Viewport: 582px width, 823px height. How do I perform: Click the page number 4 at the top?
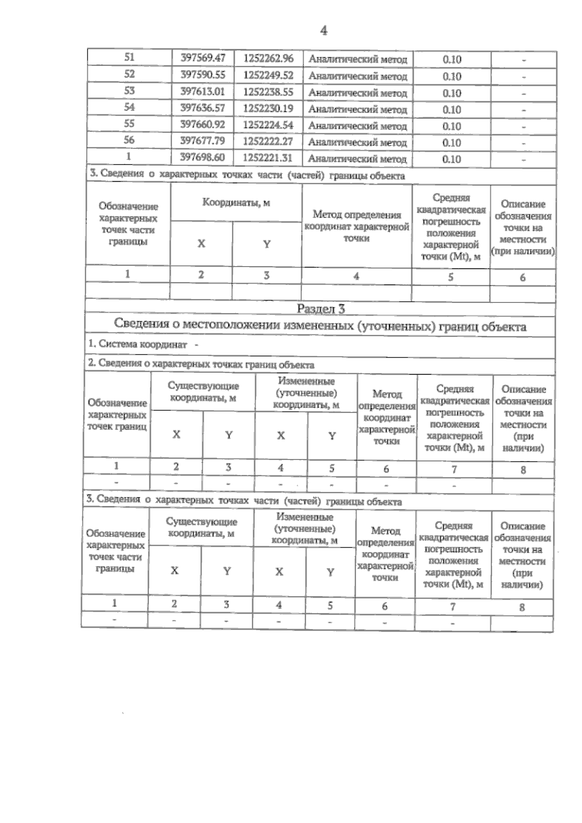coord(323,31)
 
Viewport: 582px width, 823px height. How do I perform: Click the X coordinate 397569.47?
coord(203,58)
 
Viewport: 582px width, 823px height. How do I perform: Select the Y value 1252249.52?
coord(268,75)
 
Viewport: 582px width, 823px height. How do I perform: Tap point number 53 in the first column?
coord(129,91)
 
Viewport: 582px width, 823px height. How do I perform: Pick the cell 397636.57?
coord(203,108)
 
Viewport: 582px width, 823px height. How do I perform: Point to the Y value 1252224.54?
coord(268,125)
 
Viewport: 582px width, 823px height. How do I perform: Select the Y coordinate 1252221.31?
coord(268,158)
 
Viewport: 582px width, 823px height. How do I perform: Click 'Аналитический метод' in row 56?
coord(357,142)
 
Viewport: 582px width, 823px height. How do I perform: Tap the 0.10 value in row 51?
coord(452,60)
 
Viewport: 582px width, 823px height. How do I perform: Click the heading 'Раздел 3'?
coord(321,309)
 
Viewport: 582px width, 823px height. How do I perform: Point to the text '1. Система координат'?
coord(138,345)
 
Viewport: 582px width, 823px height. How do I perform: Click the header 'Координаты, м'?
coord(236,203)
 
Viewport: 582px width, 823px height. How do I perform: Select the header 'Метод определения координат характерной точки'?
coord(356,226)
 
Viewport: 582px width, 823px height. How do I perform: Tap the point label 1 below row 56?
coord(129,157)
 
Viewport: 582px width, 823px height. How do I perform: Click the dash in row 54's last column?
coord(524,111)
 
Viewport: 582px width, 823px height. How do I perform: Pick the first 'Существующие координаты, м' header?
coord(203,392)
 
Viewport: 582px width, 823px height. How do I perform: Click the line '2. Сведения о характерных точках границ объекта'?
coord(201,364)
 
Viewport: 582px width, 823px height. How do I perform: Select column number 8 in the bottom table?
coord(522,607)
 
